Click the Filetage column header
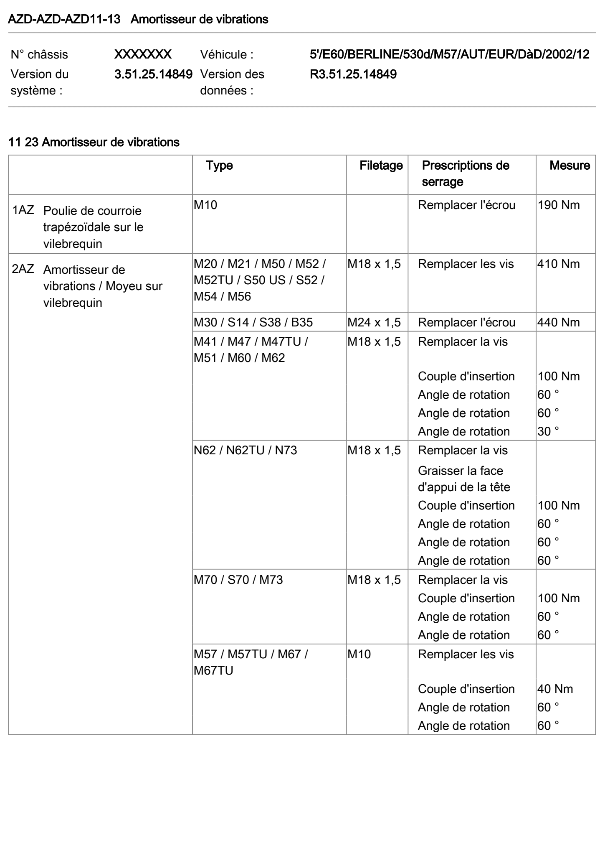point(381,166)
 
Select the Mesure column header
point(570,166)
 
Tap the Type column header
point(219,166)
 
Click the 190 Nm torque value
point(559,205)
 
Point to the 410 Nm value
point(559,264)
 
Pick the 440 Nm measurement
point(559,323)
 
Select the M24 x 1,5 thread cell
point(374,323)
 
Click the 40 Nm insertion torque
point(555,689)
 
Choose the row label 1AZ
point(23,210)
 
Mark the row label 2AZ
point(23,269)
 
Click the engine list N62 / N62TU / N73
point(245,451)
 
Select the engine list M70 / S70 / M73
point(238,580)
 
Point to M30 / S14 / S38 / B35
point(253,323)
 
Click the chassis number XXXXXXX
point(143,54)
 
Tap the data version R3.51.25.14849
point(353,74)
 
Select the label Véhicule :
point(227,55)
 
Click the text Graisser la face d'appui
point(463,479)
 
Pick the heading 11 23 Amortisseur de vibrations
point(94,143)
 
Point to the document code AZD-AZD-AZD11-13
point(64,19)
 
